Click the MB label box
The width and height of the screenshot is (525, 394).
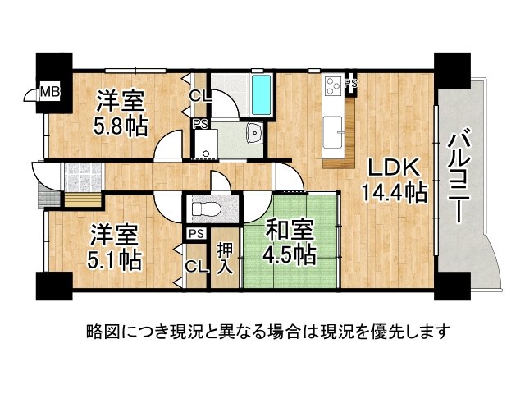[x=51, y=91]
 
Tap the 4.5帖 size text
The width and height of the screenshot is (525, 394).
[x=289, y=255]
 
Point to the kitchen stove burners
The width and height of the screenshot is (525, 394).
[x=334, y=85]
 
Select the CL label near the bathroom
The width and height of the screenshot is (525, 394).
[x=199, y=95]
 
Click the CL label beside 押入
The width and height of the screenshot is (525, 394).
[x=195, y=265]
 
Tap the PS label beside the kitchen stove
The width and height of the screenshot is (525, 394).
[x=351, y=84]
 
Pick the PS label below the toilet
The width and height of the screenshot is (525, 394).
[x=195, y=234]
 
